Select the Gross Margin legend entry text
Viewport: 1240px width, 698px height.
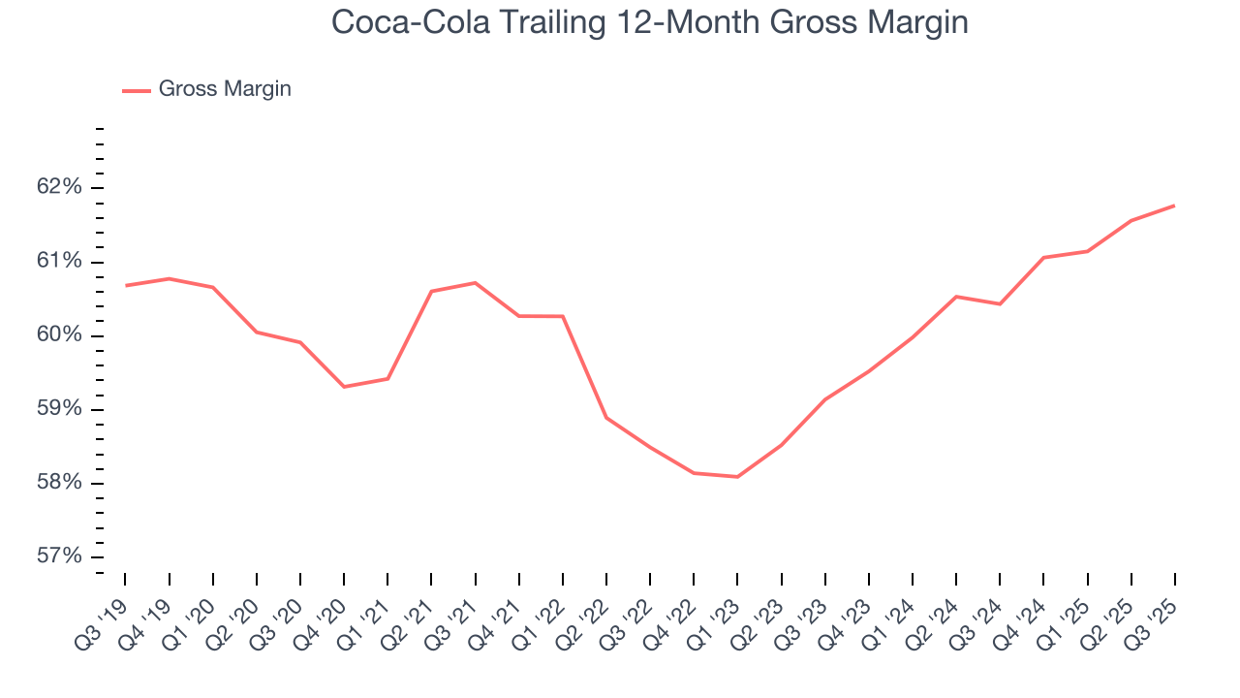click(225, 89)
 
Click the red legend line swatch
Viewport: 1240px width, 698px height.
click(136, 90)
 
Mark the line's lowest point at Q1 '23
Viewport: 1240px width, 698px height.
click(738, 477)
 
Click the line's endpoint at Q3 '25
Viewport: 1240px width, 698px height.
click(1175, 206)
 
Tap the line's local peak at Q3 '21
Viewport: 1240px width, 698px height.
click(476, 282)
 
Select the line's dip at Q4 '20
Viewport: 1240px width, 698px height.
click(344, 387)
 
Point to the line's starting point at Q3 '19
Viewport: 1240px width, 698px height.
click(126, 285)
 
